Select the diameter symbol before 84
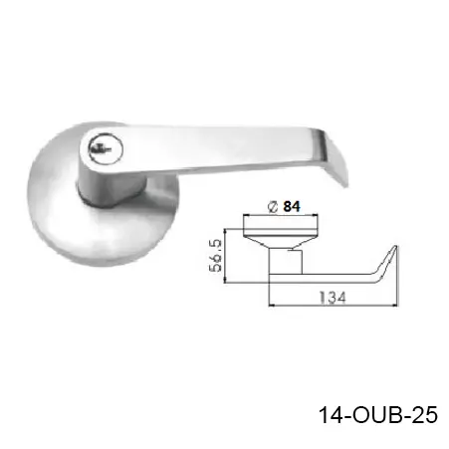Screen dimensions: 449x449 pos(271,207)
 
